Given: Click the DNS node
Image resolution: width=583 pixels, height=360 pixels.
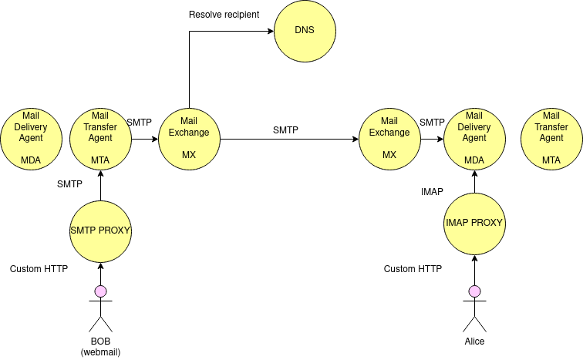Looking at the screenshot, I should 305,32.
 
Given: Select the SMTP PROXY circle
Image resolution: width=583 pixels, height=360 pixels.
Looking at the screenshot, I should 100,230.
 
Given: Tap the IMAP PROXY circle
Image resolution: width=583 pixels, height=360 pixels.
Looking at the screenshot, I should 474,223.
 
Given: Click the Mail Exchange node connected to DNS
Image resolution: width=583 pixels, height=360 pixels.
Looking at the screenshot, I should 189,139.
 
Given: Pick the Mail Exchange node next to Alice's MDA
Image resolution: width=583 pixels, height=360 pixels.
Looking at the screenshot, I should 389,139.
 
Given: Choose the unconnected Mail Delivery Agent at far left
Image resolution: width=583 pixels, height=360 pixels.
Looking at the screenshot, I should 31,139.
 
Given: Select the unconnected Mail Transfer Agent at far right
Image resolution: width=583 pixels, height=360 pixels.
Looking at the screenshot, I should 551,139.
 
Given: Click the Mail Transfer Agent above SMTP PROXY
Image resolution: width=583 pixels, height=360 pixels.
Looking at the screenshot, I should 100,139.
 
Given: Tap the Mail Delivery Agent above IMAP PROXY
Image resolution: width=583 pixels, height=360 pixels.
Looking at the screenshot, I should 474,139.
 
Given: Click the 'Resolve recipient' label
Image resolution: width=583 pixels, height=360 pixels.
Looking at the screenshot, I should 224,15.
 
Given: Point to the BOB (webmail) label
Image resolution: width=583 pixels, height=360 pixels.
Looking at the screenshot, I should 100,346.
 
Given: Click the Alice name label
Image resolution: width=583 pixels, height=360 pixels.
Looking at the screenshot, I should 474,341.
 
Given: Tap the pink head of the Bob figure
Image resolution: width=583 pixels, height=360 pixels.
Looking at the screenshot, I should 100,291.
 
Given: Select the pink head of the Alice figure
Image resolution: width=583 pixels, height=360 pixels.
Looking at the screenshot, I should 474,291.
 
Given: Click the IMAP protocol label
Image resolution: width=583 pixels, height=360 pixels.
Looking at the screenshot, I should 432,191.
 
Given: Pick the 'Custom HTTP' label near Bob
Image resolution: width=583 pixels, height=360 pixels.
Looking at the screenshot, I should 39,269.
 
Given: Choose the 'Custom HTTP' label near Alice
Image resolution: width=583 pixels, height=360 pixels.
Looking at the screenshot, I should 413,269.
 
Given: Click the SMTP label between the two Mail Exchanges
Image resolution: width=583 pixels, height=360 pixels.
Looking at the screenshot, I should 285,130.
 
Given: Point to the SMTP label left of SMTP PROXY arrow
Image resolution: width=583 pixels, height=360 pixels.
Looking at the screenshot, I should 69,183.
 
